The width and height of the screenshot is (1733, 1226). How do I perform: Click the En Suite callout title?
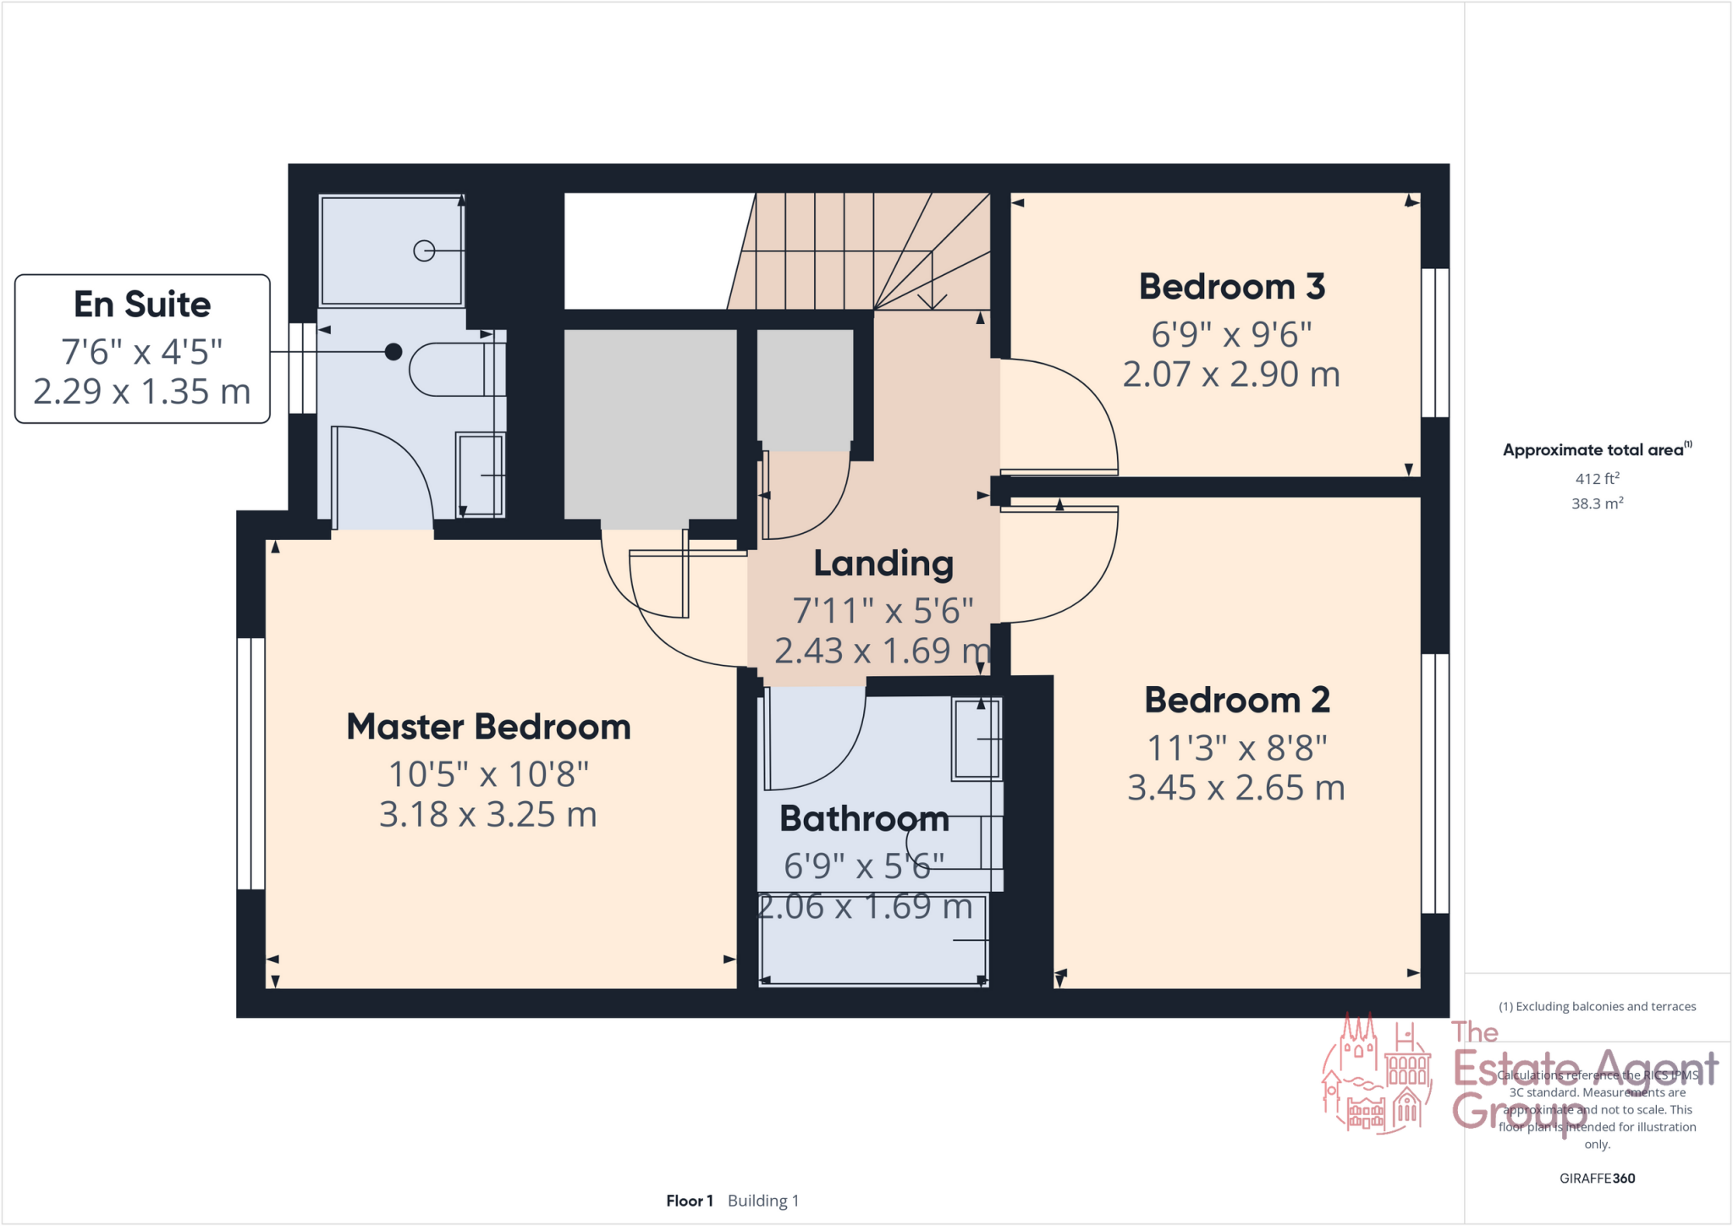142,305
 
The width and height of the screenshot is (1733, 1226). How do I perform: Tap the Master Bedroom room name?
488,728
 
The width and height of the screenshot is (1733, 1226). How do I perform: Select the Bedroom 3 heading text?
1231,287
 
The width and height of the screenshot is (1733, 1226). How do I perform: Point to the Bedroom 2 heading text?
1236,701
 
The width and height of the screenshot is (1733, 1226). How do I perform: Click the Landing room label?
883,564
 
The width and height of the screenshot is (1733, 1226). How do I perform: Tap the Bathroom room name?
864,819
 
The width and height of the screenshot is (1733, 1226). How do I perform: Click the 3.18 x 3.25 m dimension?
488,815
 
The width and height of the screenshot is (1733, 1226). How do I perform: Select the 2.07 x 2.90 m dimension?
1231,375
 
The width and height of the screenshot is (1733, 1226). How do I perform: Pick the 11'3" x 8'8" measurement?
1236,748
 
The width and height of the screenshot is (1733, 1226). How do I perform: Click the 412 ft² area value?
1597,479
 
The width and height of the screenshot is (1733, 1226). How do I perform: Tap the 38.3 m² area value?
1597,503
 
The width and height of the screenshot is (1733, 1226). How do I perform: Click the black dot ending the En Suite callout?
393,352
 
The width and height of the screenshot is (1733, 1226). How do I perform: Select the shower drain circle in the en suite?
424,250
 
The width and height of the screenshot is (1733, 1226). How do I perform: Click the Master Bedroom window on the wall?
250,763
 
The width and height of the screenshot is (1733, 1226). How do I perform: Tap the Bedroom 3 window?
1435,343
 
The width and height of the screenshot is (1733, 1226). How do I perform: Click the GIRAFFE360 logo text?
1597,1179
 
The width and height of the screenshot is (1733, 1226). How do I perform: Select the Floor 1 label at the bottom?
689,1201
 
